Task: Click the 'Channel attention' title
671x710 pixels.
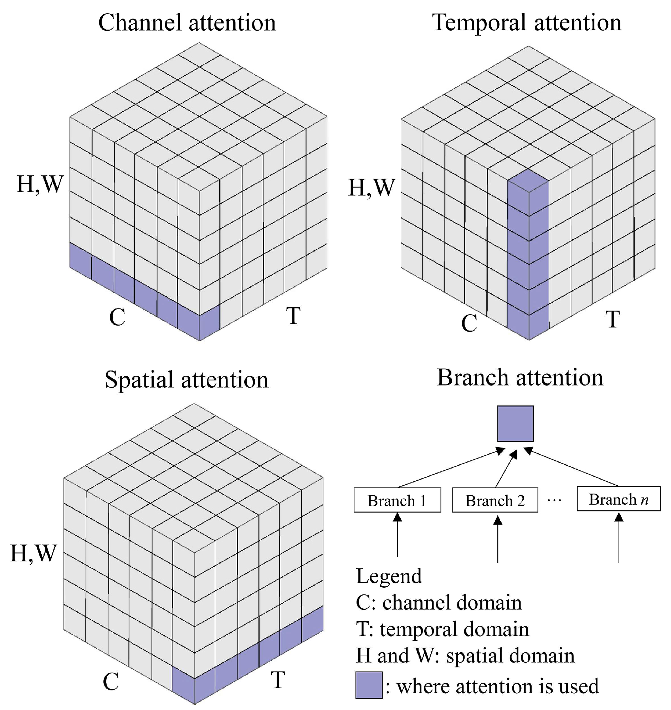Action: (187, 22)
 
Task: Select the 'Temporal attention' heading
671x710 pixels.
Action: (527, 22)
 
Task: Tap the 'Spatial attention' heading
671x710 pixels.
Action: (186, 379)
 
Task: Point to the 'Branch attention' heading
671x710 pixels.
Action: (520, 378)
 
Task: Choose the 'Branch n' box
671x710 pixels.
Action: (619, 499)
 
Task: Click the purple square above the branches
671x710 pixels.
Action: (516, 424)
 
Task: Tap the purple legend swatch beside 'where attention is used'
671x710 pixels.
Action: (369, 685)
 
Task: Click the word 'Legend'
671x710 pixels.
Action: (389, 576)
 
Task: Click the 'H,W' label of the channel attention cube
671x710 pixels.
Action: (40, 185)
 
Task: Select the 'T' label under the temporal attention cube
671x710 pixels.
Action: (612, 319)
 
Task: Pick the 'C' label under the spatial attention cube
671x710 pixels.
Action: (111, 682)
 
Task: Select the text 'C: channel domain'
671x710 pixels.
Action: (439, 603)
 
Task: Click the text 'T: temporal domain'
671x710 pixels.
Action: (442, 629)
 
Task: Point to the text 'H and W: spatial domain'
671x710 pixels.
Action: (465, 656)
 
